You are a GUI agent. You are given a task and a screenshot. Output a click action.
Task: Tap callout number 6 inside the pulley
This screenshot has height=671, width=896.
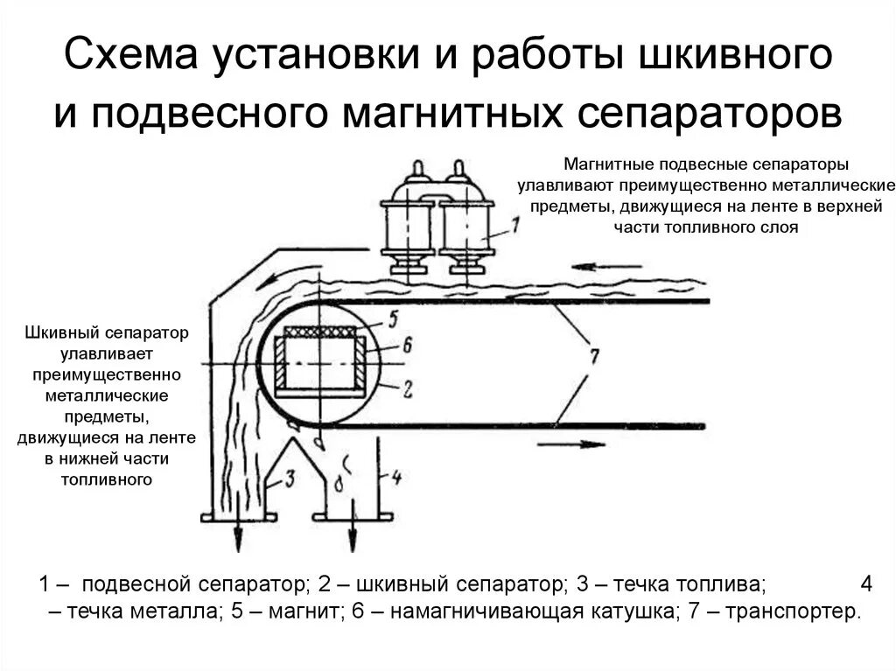(x=407, y=346)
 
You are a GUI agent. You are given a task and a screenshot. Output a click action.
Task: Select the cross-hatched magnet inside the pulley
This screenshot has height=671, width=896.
(x=321, y=332)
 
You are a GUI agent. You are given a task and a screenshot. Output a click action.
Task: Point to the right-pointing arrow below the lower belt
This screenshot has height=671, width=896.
(x=570, y=444)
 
